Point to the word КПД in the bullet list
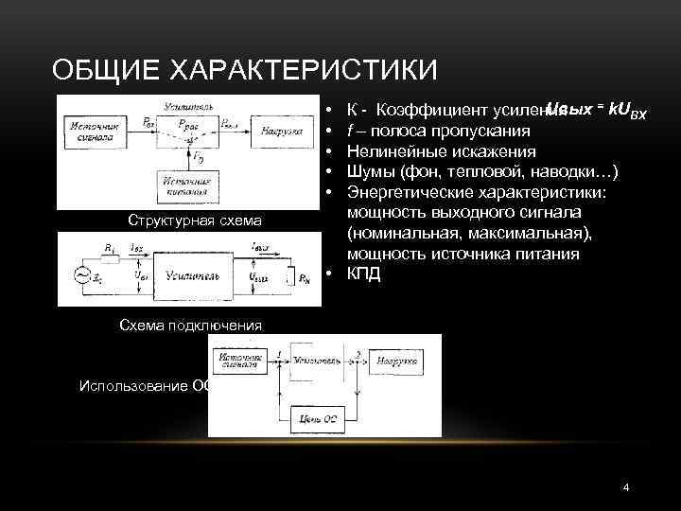[x=365, y=274]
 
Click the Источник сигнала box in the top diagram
[x=90, y=131]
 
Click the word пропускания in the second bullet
[x=481, y=131]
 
